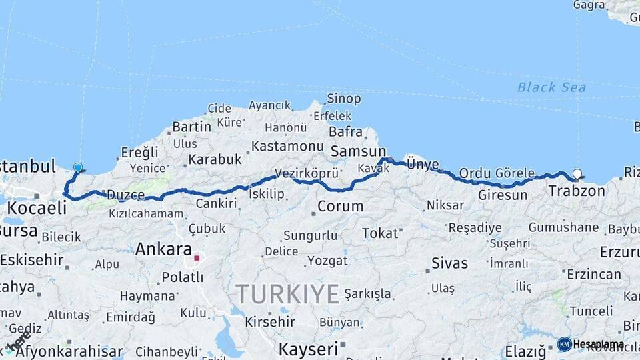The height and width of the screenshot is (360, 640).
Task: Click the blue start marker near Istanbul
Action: tap(78, 168)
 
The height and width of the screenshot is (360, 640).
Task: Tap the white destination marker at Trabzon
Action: tap(577, 174)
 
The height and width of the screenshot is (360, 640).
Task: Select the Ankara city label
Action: tap(164, 249)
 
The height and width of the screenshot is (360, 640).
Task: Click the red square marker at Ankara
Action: tap(197, 257)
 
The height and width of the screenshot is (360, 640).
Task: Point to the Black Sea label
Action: tap(551, 87)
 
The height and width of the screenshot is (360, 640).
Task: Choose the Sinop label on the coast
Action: tap(343, 99)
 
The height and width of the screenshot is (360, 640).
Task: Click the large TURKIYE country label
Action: tap(287, 293)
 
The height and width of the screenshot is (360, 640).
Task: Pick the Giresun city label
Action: tap(503, 195)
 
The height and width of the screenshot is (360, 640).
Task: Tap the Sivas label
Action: tap(449, 263)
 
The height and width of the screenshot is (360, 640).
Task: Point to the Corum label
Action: tap(340, 206)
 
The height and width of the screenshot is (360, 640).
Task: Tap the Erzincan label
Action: tap(594, 274)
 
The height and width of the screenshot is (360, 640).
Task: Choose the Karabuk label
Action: tap(215, 159)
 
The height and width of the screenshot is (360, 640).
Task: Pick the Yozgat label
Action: tap(326, 260)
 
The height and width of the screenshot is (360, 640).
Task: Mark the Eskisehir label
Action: tap(31, 260)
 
